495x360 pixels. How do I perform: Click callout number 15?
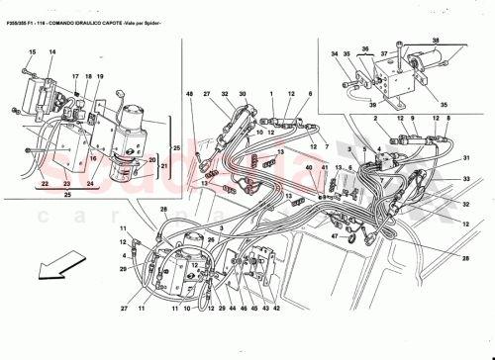(x=32, y=50)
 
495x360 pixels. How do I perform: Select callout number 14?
(x=52, y=50)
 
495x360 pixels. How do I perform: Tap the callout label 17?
(x=74, y=76)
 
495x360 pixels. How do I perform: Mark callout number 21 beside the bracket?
(x=151, y=169)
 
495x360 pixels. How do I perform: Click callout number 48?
(x=188, y=94)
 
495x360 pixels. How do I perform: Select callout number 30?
(x=243, y=94)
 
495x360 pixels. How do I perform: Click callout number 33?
(x=466, y=179)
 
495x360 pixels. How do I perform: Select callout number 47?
(x=335, y=237)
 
